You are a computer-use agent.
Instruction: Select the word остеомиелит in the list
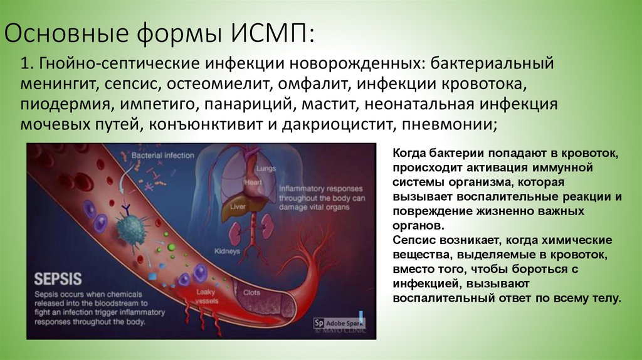[x=218, y=83]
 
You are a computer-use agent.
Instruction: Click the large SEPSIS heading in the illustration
[x=58, y=278]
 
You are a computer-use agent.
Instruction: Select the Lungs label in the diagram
[x=266, y=169]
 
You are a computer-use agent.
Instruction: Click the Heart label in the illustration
[x=253, y=182]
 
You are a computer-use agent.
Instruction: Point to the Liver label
[x=237, y=206]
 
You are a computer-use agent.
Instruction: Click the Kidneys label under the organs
[x=227, y=251]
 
